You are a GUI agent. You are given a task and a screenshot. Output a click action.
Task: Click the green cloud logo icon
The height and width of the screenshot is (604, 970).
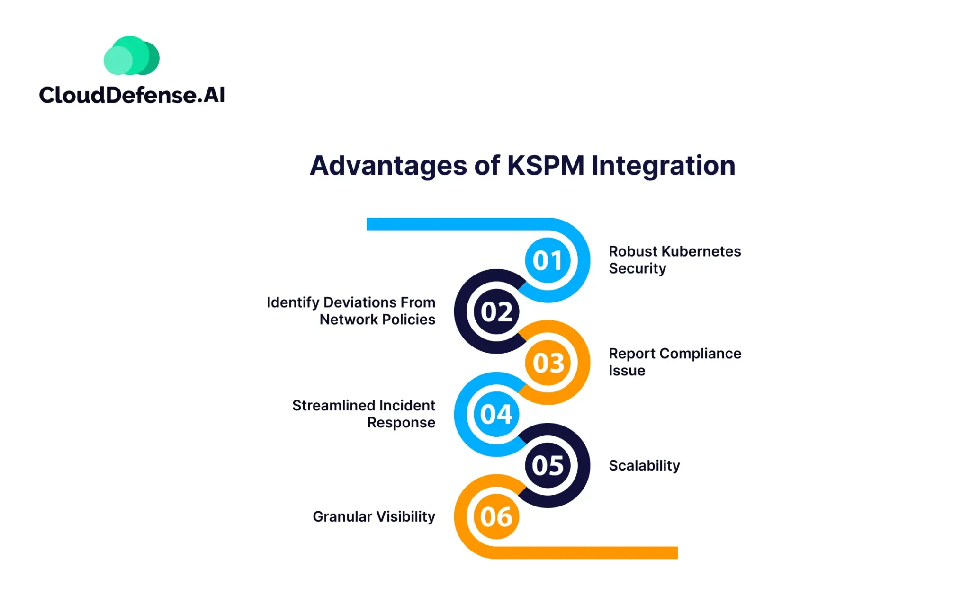[x=131, y=56]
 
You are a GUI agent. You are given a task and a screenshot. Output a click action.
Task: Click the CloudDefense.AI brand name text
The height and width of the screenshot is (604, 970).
[x=132, y=95]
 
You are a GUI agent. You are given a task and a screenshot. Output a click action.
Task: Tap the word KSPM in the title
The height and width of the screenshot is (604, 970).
[x=546, y=166]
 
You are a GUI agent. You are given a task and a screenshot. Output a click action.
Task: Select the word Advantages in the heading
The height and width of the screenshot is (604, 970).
[x=388, y=166]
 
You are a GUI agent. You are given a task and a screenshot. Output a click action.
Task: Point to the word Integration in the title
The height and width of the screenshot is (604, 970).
[x=663, y=166]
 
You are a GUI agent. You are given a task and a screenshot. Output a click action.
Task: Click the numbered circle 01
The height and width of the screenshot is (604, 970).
[x=548, y=260]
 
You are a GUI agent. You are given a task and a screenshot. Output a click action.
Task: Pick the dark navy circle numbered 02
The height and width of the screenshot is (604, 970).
[x=496, y=311]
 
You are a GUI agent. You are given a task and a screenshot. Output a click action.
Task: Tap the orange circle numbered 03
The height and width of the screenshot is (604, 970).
[x=548, y=363]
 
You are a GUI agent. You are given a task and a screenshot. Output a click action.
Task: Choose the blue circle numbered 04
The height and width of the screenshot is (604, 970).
[x=496, y=414]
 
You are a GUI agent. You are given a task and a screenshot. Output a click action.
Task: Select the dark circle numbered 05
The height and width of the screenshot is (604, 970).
[x=548, y=465]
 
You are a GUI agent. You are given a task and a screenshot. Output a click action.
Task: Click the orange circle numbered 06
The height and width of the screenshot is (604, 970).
[x=496, y=516]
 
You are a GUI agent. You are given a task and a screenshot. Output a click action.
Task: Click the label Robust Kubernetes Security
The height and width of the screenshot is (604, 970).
[x=674, y=259]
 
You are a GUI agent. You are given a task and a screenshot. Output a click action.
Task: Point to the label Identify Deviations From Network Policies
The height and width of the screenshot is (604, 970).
[x=351, y=311]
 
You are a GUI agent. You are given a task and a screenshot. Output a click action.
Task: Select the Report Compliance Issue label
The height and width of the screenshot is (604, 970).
[x=674, y=362]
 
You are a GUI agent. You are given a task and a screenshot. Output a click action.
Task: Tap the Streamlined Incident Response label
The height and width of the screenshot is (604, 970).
[x=364, y=414]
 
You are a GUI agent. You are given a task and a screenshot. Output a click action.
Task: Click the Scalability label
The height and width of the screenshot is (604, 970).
[x=644, y=465]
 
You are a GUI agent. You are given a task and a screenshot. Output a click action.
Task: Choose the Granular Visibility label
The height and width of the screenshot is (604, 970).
[x=374, y=516]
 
